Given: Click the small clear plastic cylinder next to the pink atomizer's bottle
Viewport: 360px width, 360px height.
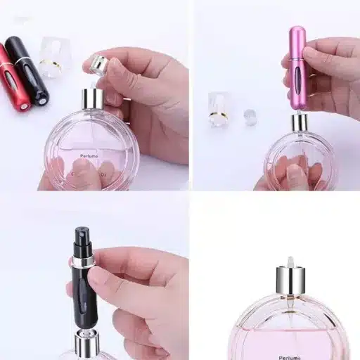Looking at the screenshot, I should [250, 116].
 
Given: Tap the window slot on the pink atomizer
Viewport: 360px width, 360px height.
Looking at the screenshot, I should [297, 70].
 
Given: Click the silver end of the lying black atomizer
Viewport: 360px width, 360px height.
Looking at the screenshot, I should [42, 99].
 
